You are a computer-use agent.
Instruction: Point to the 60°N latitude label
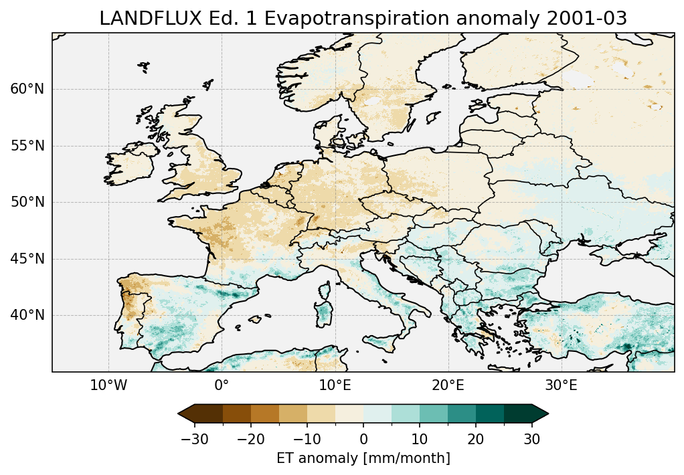[27, 89]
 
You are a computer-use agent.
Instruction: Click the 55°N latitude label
[27, 146]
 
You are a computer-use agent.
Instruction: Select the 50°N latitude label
[27, 202]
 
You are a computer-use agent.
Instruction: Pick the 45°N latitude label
[27, 259]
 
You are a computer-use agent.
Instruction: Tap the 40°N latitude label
[27, 315]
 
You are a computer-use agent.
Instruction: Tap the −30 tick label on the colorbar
[193, 439]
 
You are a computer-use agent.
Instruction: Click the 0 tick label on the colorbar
[363, 439]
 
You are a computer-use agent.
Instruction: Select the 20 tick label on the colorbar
[476, 439]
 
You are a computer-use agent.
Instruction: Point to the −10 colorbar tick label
[307, 439]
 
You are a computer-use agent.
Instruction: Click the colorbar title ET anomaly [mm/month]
[363, 458]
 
